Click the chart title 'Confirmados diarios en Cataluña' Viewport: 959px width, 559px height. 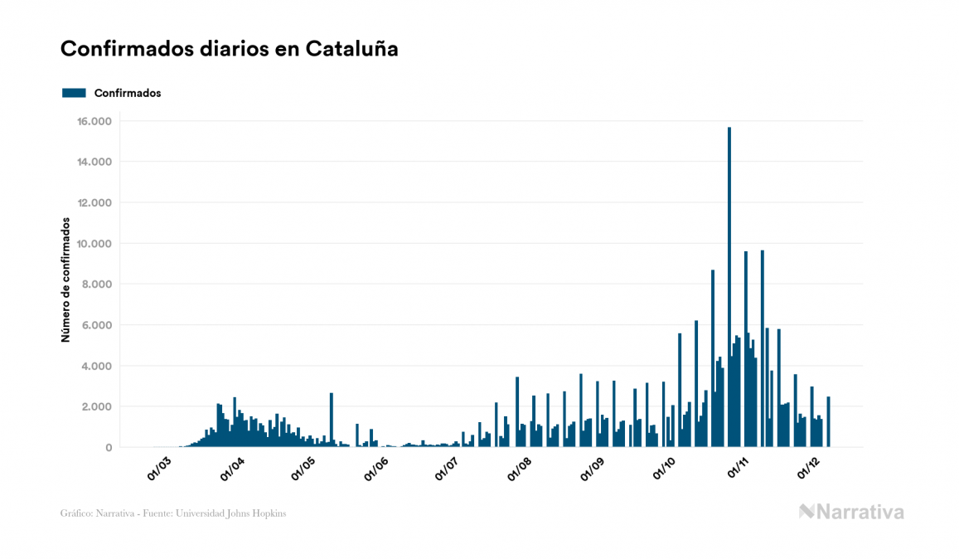[x=230, y=49]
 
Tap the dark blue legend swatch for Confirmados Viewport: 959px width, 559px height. [x=74, y=93]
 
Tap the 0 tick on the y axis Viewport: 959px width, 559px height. [x=109, y=447]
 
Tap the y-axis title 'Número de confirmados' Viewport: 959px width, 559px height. [x=65, y=279]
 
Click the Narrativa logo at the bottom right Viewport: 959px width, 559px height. [x=851, y=512]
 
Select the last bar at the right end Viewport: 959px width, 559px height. [x=828, y=422]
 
